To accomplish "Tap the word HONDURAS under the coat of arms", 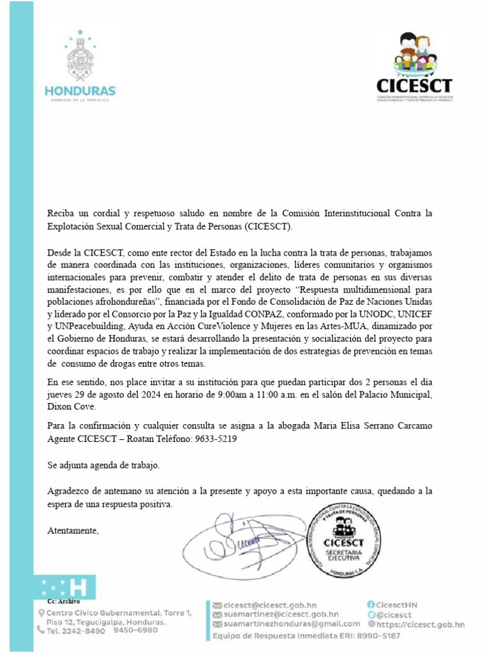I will [80, 90].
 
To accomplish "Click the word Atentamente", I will [73, 530].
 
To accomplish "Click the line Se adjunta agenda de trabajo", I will [103, 465].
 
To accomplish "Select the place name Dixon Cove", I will [72, 406].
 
